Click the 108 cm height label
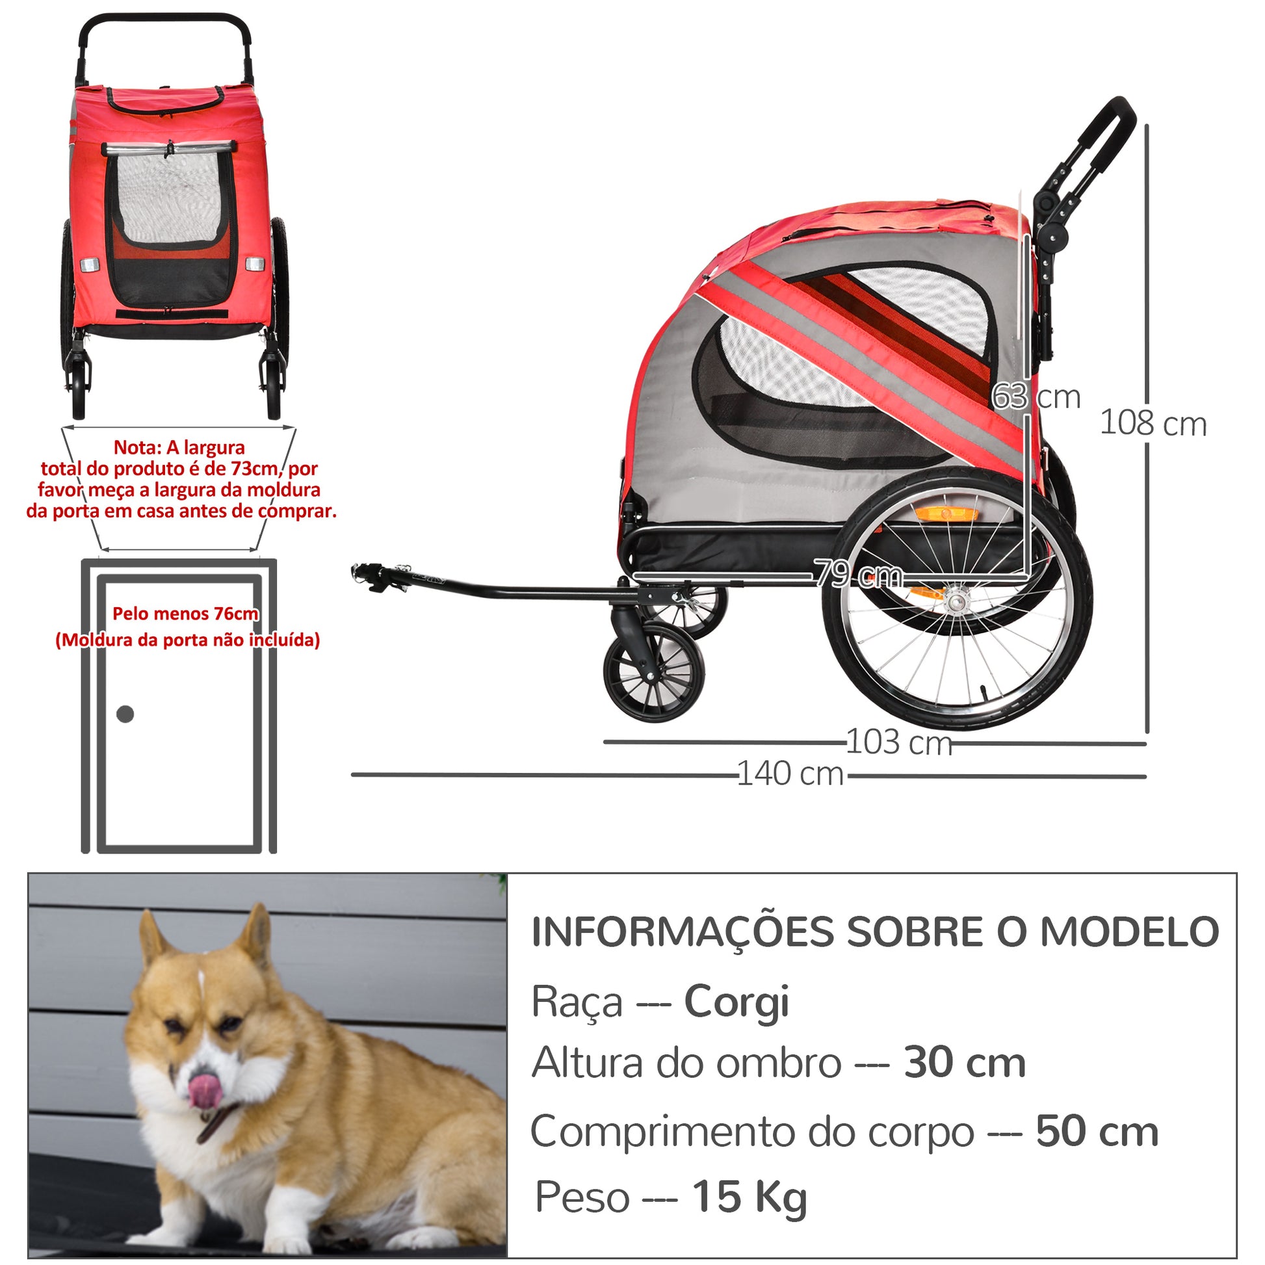point(1153,423)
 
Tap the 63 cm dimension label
point(1036,397)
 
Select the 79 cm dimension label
point(858,575)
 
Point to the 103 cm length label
point(899,742)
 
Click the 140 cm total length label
point(790,774)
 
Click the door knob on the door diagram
point(125,714)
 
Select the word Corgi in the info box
point(736,1002)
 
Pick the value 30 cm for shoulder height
point(965,1064)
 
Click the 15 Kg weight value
point(750,1198)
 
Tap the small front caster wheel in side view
point(654,673)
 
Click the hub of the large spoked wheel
point(958,598)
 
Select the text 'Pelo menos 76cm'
point(185,614)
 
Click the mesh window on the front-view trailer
point(168,198)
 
